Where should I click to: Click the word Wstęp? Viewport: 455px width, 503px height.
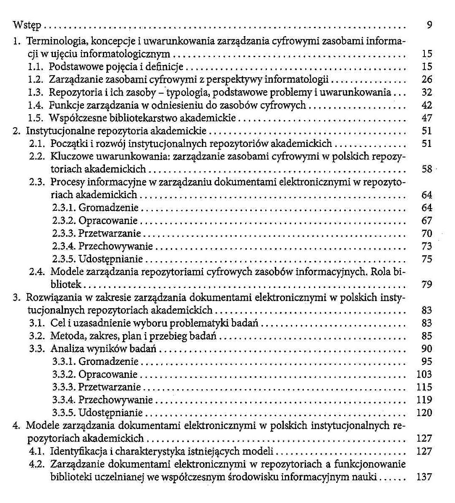point(27,26)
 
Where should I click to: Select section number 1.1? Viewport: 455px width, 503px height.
point(37,67)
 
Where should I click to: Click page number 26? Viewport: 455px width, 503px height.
point(426,80)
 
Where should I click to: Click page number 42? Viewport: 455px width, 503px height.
point(426,105)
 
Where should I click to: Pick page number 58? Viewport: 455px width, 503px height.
point(426,169)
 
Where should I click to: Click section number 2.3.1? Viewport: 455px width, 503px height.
point(64,208)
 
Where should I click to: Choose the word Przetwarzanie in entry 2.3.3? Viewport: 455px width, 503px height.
point(110,233)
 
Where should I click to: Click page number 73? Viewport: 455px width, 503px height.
point(426,246)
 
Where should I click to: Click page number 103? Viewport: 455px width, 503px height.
point(424,375)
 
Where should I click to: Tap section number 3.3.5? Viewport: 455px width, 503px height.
point(64,413)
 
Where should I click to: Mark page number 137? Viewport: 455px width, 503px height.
point(424,477)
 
